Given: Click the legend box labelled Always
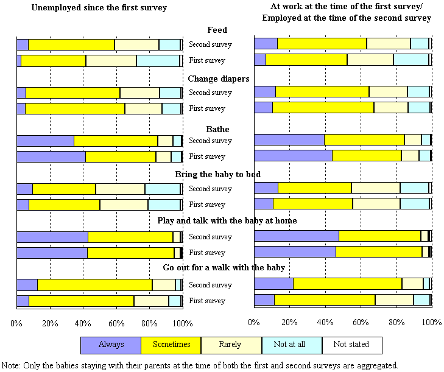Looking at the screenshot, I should click(110, 345).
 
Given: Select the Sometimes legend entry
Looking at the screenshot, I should click(171, 345).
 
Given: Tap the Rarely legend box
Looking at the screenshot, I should click(231, 345).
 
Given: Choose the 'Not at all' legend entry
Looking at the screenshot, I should click(291, 345).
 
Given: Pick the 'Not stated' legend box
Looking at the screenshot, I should click(351, 345).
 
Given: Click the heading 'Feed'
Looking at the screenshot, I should click(217, 30).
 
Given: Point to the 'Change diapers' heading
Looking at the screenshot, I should click(218, 79).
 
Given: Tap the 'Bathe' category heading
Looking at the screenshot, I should click(217, 129).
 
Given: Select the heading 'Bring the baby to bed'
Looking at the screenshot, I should click(217, 175).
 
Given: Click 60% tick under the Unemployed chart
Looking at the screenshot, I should click(116, 323).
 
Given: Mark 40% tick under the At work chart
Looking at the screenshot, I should click(325, 323).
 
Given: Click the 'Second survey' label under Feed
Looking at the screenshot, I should click(210, 44).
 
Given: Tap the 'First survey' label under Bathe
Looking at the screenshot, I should click(207, 156).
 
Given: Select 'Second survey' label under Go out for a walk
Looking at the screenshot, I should click(210, 285).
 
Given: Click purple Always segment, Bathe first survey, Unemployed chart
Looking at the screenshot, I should click(51, 156).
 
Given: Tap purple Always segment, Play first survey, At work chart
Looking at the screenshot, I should click(294, 251).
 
